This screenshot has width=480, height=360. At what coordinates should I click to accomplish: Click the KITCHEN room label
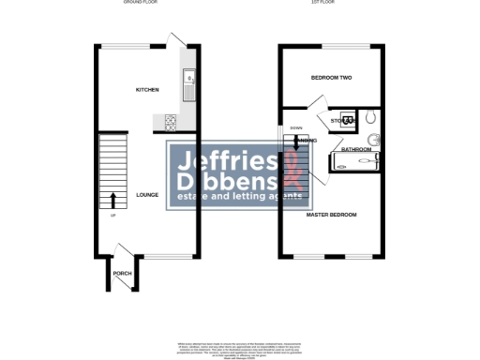tap(147, 90)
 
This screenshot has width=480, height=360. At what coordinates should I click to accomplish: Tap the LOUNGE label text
tap(146, 195)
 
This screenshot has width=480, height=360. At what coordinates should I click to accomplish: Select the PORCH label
tap(122, 274)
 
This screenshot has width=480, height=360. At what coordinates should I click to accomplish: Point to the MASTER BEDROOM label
tap(332, 215)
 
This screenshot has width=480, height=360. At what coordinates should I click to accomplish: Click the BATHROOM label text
tap(356, 149)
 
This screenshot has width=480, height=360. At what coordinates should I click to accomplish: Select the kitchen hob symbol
tap(172, 120)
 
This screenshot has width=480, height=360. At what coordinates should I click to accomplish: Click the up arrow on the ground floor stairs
tap(113, 200)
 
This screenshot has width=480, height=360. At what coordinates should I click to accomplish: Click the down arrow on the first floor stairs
tap(298, 142)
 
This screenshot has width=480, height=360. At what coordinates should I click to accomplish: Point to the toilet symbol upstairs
tap(372, 118)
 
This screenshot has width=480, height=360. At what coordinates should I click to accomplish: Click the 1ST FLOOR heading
tap(329, 4)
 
